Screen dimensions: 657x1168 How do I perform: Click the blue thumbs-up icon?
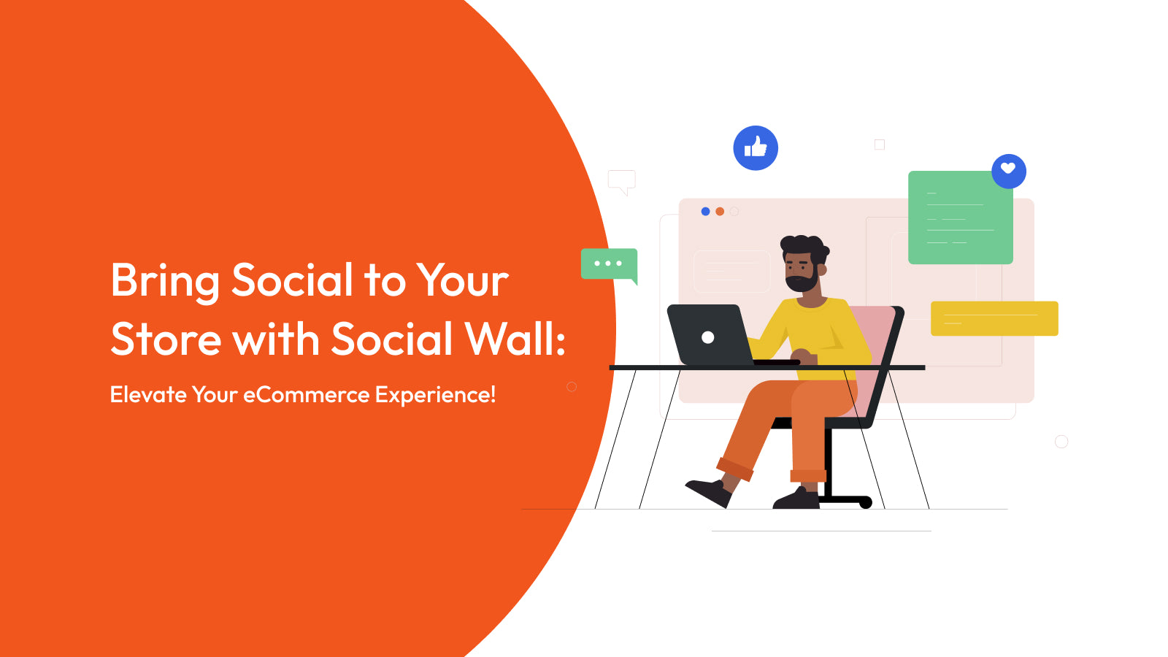[x=756, y=148]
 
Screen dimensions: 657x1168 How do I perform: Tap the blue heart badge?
[x=1009, y=171]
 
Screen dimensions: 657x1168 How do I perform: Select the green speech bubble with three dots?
[x=609, y=264]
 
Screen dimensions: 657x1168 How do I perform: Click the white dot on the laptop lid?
[x=707, y=337]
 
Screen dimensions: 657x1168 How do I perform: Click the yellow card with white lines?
[x=994, y=318]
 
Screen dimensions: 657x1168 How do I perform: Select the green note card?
[x=960, y=218]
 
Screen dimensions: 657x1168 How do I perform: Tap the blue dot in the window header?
[x=705, y=212]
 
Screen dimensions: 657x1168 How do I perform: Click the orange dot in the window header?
[x=720, y=212]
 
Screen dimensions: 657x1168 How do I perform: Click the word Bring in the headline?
[x=165, y=281]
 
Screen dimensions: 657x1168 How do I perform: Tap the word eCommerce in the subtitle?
[x=307, y=395]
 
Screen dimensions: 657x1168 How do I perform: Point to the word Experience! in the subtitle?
[x=435, y=395]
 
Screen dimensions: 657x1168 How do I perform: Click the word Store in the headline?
[x=166, y=339]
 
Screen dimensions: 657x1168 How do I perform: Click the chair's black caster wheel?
[x=866, y=502]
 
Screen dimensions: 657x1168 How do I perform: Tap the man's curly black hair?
[x=803, y=244]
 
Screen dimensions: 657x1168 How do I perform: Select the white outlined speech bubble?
[x=621, y=180]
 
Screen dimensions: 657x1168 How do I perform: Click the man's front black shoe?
[x=708, y=491]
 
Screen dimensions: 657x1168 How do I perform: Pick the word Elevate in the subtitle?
[x=148, y=395]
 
